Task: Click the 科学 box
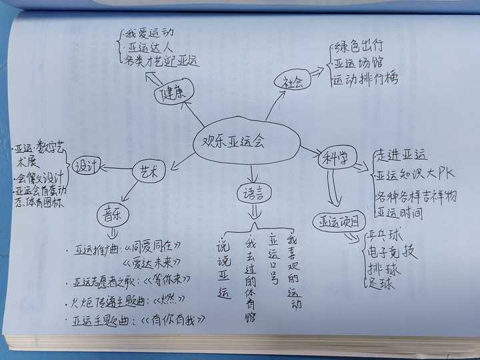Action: coord(335,161)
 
